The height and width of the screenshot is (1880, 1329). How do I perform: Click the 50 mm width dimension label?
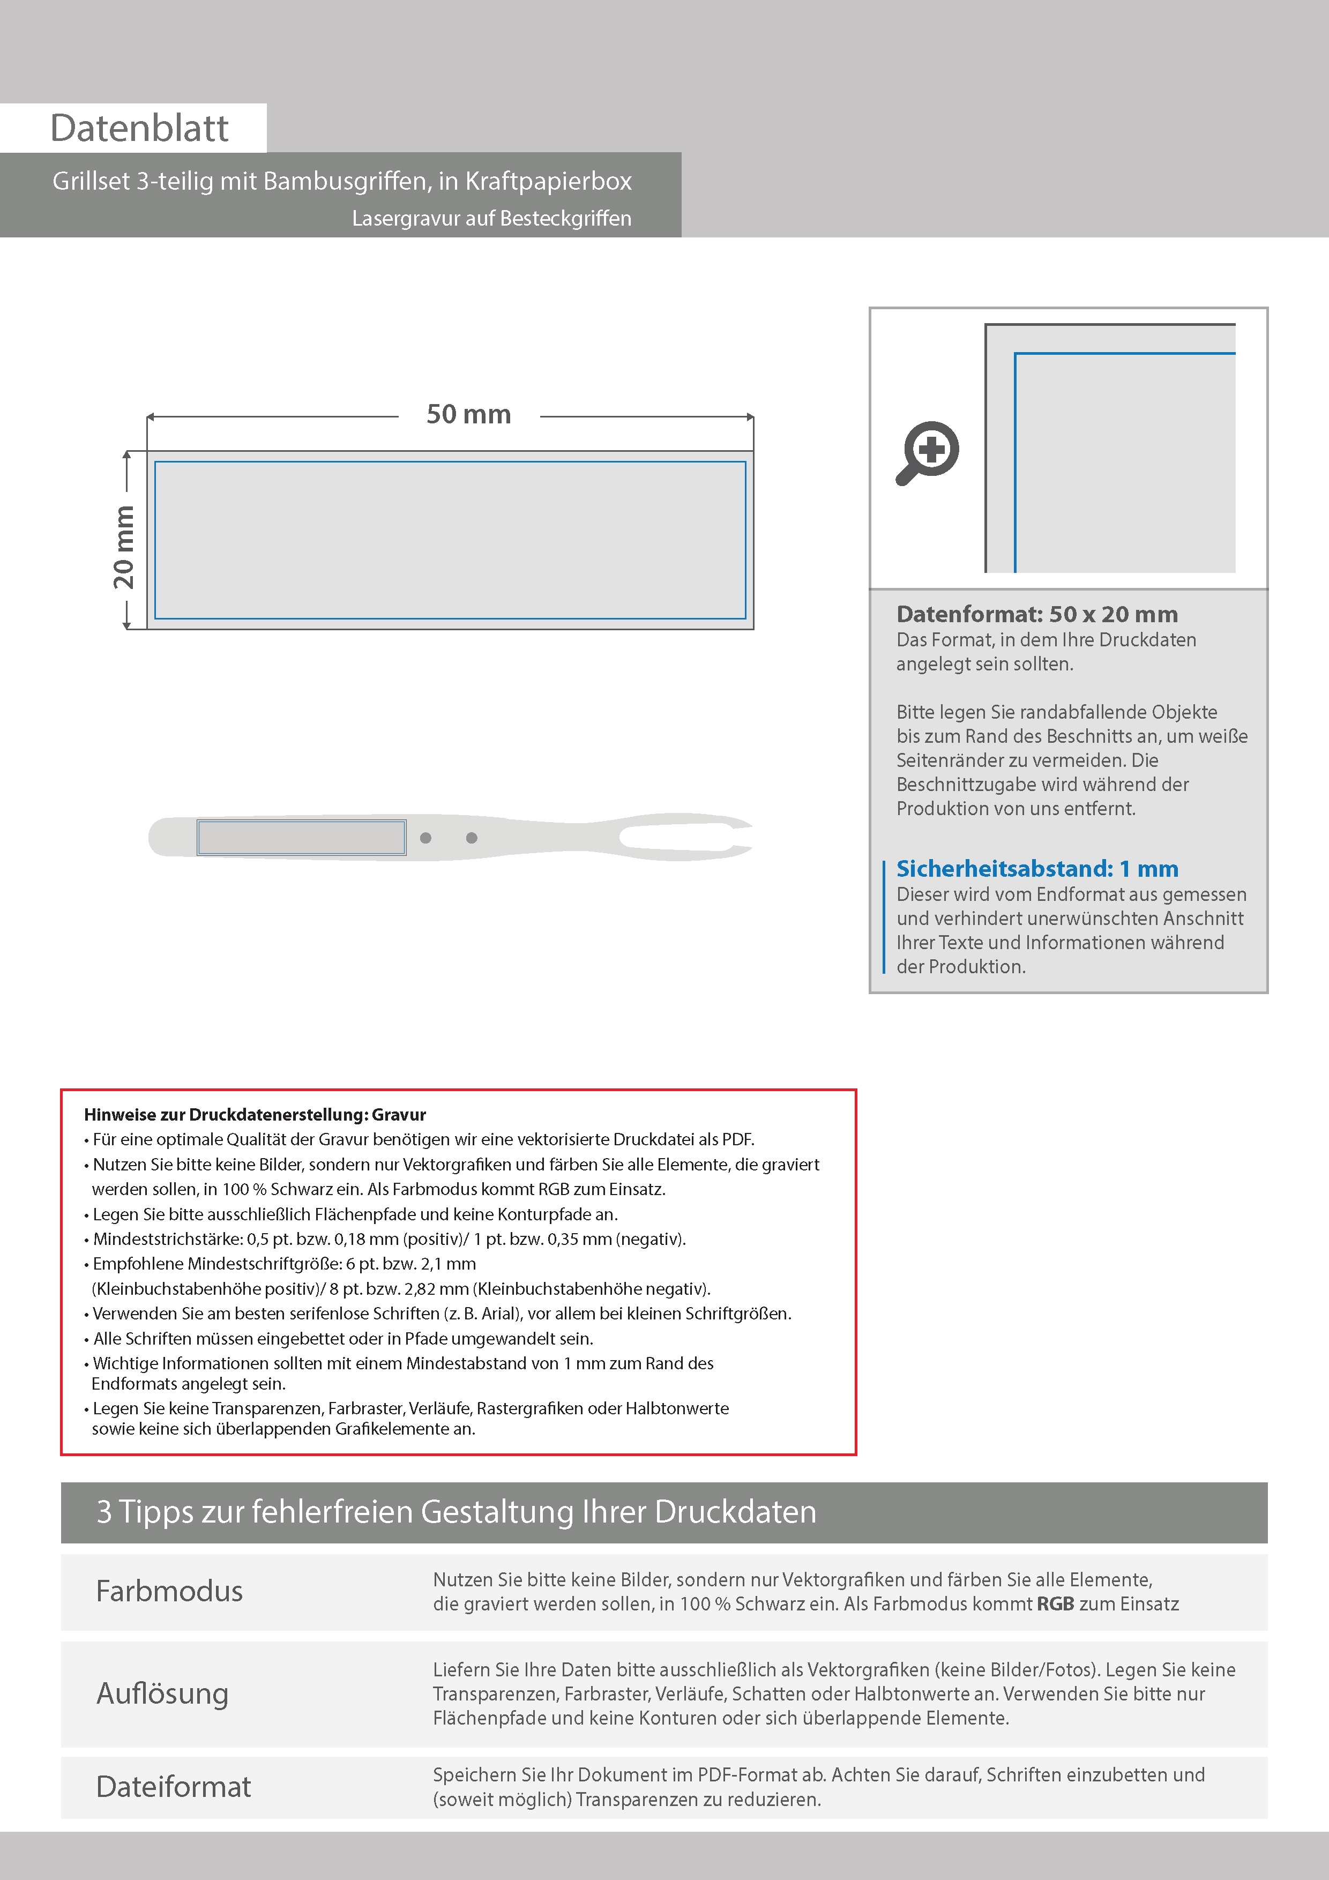(x=468, y=414)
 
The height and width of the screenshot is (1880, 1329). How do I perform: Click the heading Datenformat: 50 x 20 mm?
(x=1036, y=614)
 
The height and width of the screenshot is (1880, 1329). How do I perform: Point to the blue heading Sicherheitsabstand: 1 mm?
(x=1036, y=869)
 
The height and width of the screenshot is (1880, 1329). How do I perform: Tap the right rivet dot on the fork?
(x=472, y=838)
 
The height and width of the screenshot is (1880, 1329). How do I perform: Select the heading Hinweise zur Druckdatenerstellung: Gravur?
(x=255, y=1114)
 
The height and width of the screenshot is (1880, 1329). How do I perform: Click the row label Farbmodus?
(x=169, y=1591)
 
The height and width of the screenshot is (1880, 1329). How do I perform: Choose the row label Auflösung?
(x=162, y=1694)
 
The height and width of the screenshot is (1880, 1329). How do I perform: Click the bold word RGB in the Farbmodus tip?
(x=1056, y=1604)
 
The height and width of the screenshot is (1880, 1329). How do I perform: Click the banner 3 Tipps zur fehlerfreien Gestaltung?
(x=456, y=1511)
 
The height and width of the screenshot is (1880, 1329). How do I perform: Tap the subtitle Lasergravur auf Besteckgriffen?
(x=491, y=219)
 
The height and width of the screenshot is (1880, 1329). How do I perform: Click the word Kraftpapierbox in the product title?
(x=549, y=181)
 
